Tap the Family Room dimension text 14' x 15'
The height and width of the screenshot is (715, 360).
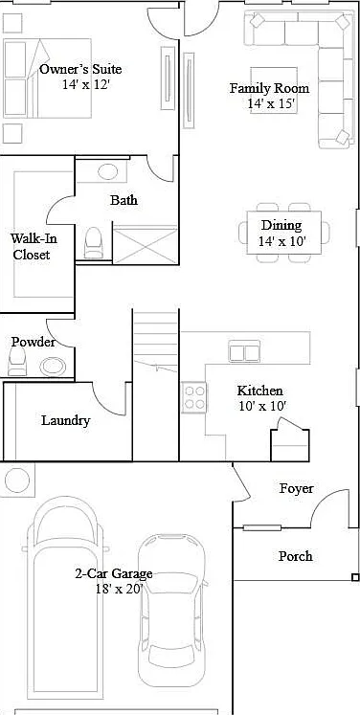click(273, 103)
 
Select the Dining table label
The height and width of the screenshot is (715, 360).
click(281, 225)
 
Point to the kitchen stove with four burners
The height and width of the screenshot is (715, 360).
click(194, 397)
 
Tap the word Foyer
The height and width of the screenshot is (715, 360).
click(297, 489)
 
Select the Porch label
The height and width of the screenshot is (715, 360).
click(296, 556)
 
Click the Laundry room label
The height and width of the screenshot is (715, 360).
click(66, 420)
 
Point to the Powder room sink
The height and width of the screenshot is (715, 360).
click(53, 367)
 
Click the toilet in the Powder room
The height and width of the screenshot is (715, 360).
click(17, 362)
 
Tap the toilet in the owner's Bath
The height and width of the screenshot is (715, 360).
click(94, 242)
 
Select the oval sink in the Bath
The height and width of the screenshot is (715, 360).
click(107, 172)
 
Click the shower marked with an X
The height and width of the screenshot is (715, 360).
click(145, 244)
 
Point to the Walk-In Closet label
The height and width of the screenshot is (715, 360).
click(32, 246)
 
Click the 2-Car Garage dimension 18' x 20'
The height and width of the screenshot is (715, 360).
click(120, 589)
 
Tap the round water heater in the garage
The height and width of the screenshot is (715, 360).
click(17, 480)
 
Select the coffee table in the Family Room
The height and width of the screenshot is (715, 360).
click(274, 90)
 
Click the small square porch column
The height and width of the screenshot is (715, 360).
click(355, 578)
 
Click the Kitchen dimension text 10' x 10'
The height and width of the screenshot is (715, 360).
click(262, 406)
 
